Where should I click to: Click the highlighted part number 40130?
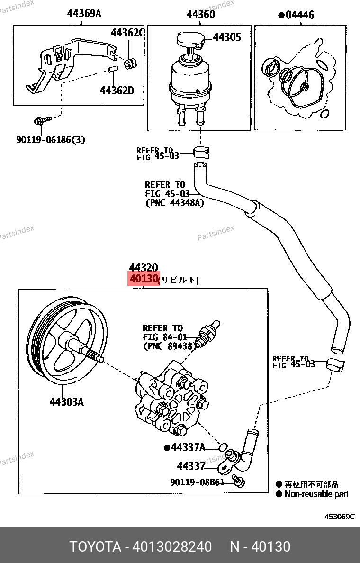click(143, 279)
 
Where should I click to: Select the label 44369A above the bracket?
click(84, 13)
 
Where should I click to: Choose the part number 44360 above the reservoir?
click(200, 14)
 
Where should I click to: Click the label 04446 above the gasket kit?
click(299, 15)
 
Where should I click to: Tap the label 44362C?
click(127, 33)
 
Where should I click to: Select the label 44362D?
click(117, 90)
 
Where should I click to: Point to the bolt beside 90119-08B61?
click(239, 481)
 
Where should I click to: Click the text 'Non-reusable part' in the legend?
click(316, 494)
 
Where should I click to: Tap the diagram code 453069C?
click(339, 517)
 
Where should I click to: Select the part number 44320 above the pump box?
click(143, 268)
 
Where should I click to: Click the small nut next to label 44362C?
click(129, 63)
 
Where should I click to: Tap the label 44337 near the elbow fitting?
click(191, 466)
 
